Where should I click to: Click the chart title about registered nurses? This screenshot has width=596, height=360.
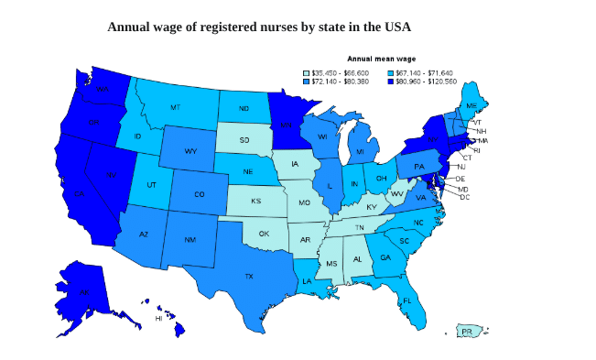coord(259,27)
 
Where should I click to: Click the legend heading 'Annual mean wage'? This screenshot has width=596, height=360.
coord(381,59)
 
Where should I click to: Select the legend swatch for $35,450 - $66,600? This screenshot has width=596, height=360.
coord(307,72)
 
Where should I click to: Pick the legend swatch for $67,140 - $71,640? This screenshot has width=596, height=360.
coord(392,72)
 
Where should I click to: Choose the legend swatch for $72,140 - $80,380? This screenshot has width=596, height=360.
coord(307,82)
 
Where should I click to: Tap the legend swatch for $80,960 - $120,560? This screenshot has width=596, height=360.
coord(392,82)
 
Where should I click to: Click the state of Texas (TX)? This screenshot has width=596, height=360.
coord(247,275)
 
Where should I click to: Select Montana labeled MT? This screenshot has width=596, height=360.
coord(175,107)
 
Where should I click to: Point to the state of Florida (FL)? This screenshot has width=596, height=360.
coord(407,300)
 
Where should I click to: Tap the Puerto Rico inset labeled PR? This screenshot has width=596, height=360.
coord(467,331)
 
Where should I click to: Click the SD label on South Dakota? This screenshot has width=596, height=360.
coord(244,140)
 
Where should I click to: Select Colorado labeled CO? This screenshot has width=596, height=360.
coord(199,194)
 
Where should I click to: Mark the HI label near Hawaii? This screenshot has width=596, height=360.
coord(157,319)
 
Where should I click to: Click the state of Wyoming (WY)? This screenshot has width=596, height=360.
coord(190,151)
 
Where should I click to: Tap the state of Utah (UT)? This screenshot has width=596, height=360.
coord(151,184)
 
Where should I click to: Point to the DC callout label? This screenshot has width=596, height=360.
coord(464,197)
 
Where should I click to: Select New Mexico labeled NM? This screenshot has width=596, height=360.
coord(190,239)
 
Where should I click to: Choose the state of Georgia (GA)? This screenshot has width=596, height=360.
coord(385,257)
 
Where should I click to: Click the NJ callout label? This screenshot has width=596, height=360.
coord(461,167)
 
